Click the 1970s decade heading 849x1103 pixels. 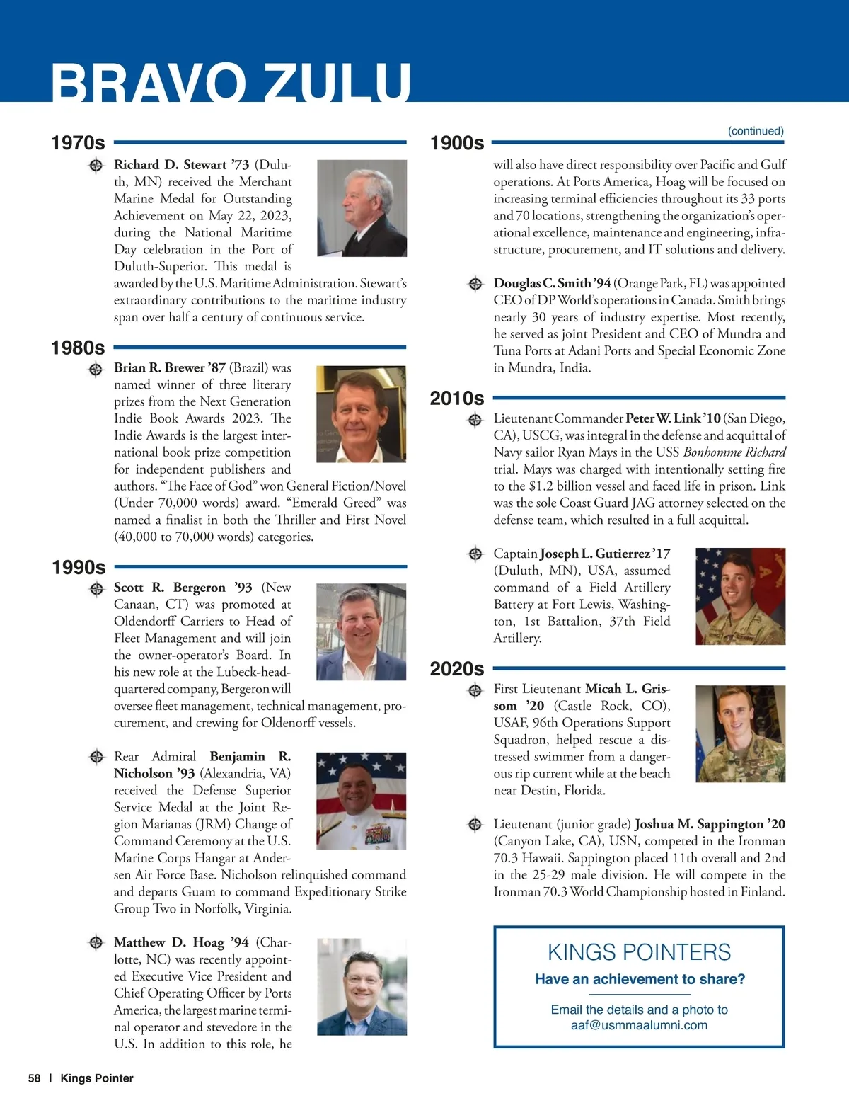78,143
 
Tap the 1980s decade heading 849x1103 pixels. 78,348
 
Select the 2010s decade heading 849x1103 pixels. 457,398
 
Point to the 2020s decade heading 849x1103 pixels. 457,668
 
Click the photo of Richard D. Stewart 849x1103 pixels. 362,208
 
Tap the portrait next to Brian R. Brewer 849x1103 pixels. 361,414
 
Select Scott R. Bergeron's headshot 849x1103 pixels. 361,632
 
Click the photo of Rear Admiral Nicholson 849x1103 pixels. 361,801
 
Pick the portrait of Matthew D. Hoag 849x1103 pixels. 362,987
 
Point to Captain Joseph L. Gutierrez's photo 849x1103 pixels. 740,596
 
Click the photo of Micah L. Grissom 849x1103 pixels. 740,733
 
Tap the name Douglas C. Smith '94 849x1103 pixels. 552,283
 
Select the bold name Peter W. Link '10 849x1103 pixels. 673,418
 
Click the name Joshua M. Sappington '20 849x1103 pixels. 710,824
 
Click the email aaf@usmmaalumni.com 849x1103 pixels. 639,1025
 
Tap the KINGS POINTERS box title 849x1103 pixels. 639,952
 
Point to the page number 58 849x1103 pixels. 34,1078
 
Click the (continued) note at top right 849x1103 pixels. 756,131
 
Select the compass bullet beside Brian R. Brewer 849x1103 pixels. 96,369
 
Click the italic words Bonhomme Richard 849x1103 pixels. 734,452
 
